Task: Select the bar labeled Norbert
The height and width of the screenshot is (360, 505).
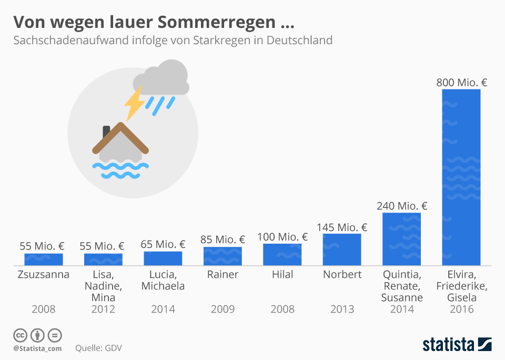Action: pos(342,249)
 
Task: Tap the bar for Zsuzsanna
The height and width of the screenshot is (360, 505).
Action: pos(44,259)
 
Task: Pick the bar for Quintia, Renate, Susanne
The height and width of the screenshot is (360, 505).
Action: pos(401,239)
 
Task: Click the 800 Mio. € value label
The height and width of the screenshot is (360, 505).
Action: pos(461,82)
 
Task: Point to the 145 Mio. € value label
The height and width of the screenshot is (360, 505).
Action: pos(342,227)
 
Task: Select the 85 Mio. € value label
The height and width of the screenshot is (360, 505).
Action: pos(223,240)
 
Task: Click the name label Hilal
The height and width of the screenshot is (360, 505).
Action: pos(282,275)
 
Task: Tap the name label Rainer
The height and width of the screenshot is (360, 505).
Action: pos(223,275)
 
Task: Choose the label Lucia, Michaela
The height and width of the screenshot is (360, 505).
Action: pos(163,281)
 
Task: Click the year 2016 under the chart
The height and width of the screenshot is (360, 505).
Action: pos(461,309)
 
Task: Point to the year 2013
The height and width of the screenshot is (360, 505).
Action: pos(342,309)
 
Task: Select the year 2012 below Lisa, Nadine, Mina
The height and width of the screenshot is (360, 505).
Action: pos(103,309)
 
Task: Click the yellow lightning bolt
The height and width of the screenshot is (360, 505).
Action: pos(135,103)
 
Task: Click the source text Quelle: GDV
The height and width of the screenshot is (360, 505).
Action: pos(99,348)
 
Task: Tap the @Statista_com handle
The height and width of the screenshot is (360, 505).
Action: pos(37,348)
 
